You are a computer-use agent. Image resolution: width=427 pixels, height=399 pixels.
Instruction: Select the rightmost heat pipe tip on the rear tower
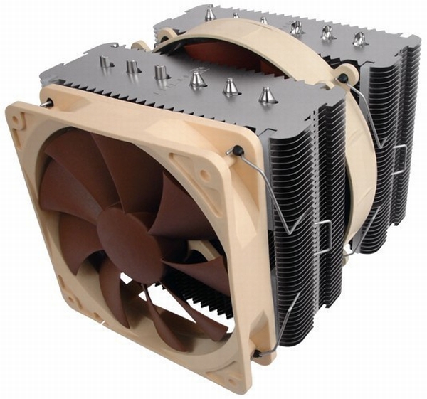359,36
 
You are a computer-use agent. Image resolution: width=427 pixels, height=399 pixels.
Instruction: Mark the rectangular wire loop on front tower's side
322,235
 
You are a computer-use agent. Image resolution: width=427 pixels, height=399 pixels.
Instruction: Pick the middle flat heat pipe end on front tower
132,68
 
